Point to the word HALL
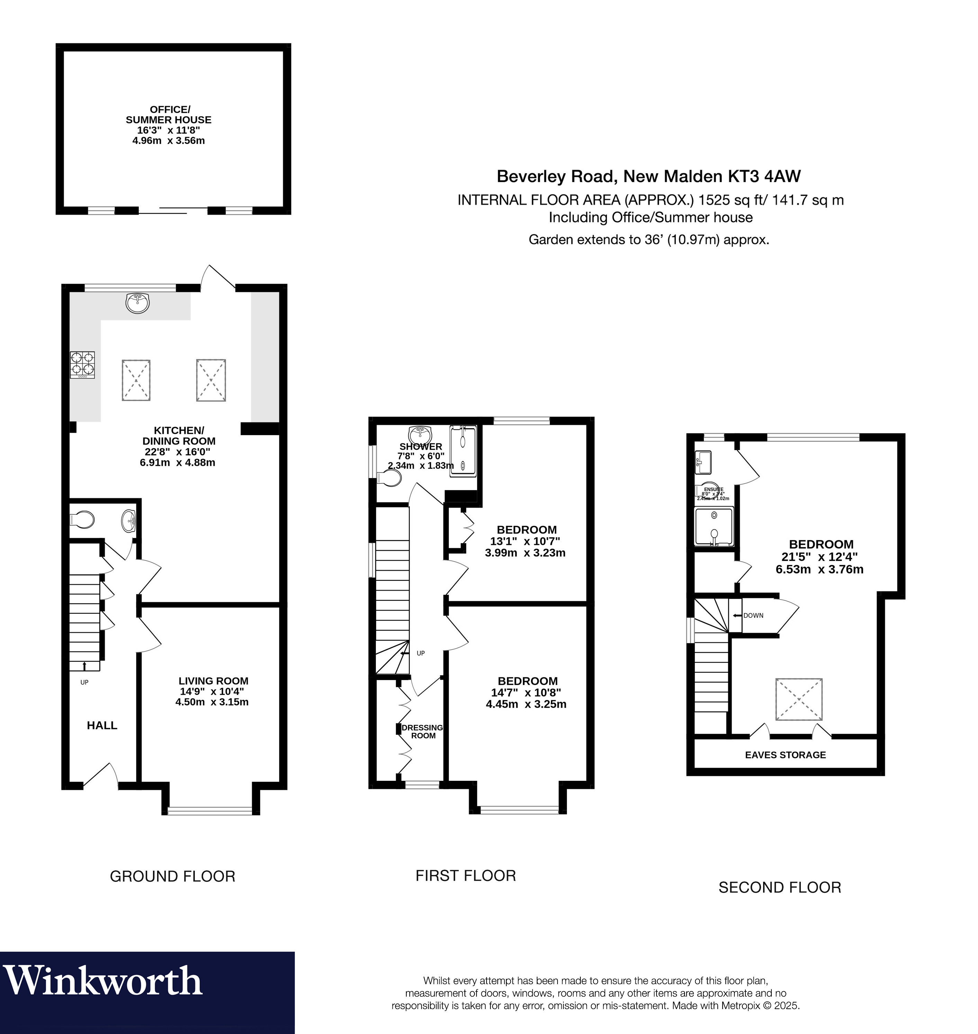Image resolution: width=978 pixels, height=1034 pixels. point(102,725)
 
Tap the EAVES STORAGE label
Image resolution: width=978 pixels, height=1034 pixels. point(785,754)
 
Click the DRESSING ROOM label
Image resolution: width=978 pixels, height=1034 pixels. point(423,732)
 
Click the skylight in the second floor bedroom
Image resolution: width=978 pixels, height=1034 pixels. point(799,699)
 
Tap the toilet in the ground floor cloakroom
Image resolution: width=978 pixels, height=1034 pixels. point(82,520)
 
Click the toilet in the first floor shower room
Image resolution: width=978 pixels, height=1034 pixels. point(390,478)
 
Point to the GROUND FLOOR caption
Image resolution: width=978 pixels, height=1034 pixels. point(173,876)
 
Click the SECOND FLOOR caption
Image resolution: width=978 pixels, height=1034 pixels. point(779,888)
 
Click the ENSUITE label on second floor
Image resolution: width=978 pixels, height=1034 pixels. point(713,489)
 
